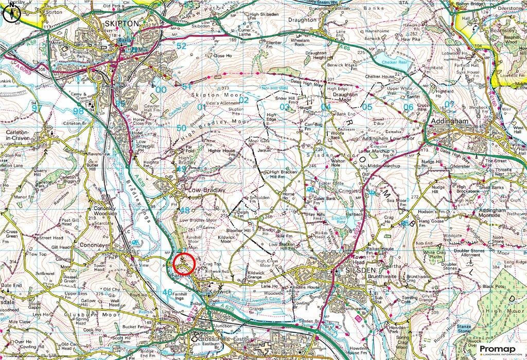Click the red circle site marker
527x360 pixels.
click(184, 263)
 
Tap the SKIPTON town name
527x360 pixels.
click(121, 24)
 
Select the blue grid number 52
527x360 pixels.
click(181, 46)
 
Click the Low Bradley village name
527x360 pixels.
click(206, 190)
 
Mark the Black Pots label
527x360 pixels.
click(494, 286)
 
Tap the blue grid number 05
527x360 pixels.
click(367, 107)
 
